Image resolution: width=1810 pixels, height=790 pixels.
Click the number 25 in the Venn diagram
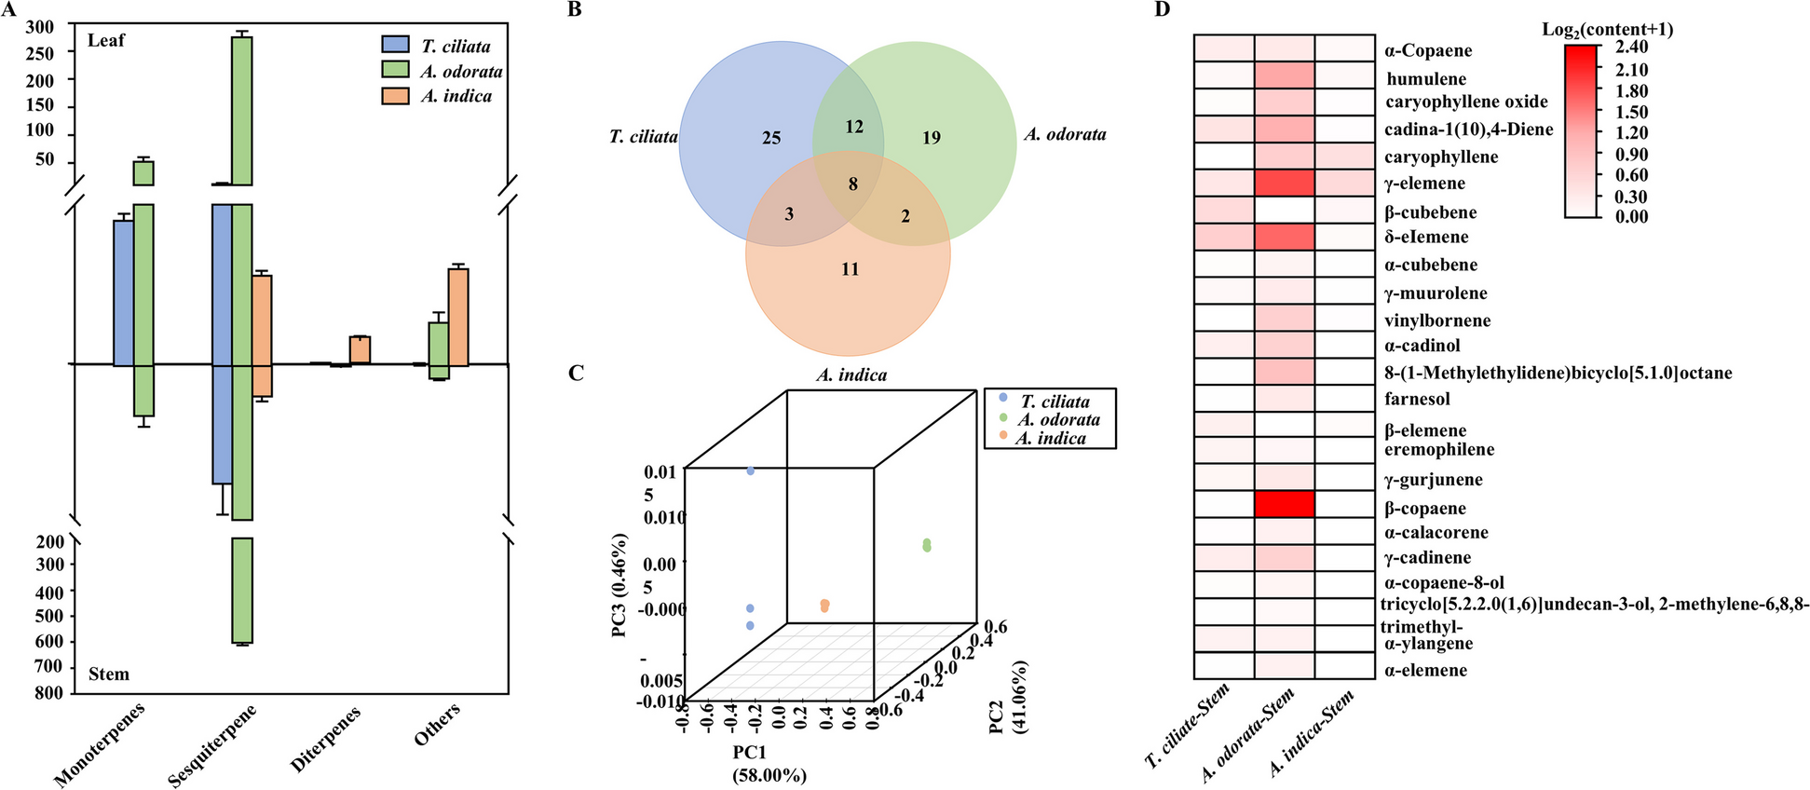(x=771, y=139)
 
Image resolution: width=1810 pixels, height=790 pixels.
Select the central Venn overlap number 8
(x=852, y=184)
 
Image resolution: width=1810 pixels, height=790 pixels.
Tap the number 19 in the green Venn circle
(x=932, y=139)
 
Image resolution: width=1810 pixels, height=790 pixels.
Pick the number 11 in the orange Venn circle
(x=850, y=270)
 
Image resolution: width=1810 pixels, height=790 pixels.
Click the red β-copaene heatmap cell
(x=1285, y=504)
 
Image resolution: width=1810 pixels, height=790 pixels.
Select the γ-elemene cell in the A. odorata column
(x=1285, y=183)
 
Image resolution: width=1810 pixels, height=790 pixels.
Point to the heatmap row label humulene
(x=1426, y=79)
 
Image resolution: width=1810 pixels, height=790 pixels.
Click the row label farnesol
(x=1417, y=400)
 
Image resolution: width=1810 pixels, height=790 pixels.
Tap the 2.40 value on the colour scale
(x=1631, y=48)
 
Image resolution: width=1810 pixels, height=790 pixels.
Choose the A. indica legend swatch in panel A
(x=396, y=96)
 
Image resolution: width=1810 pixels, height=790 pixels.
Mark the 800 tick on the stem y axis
(x=52, y=692)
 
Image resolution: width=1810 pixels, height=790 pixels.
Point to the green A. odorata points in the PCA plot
(x=926, y=545)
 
